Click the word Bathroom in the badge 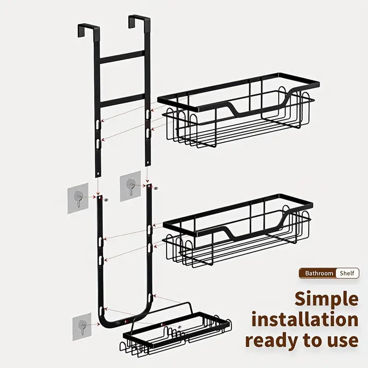[319, 273]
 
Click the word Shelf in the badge [347, 273]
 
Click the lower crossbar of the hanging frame [122, 100]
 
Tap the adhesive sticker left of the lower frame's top [78, 198]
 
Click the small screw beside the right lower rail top [156, 188]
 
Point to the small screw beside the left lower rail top [106, 200]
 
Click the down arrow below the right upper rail [147, 174]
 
